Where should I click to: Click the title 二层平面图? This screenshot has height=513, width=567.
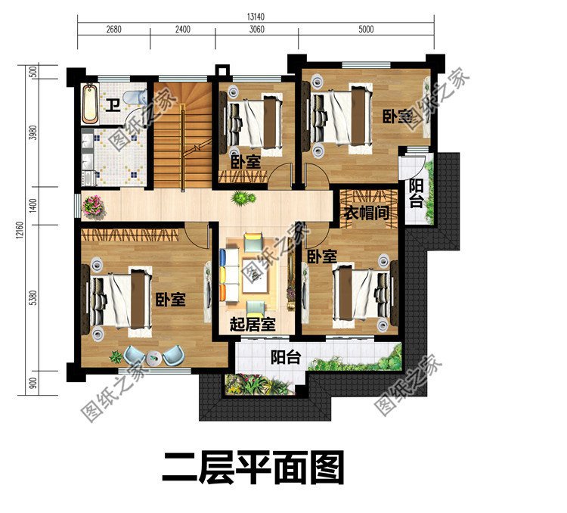click(x=253, y=468)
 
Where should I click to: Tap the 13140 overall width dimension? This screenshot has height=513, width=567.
click(x=254, y=14)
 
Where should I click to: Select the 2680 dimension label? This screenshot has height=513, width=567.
click(x=114, y=30)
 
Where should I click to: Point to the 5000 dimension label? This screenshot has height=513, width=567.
click(x=366, y=30)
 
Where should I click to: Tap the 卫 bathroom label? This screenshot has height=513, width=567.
click(x=112, y=105)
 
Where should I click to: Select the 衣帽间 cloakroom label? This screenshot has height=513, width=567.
click(x=367, y=213)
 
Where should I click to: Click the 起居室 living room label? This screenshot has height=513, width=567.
click(x=252, y=325)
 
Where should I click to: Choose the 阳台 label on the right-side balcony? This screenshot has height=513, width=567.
click(x=416, y=193)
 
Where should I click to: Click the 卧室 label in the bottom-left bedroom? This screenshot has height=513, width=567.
click(x=170, y=300)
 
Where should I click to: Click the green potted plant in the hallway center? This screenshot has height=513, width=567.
click(x=243, y=198)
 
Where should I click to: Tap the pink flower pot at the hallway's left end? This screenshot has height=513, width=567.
click(x=93, y=204)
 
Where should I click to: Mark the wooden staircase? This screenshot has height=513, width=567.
click(x=181, y=132)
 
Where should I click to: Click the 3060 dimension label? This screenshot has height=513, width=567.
click(x=256, y=30)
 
